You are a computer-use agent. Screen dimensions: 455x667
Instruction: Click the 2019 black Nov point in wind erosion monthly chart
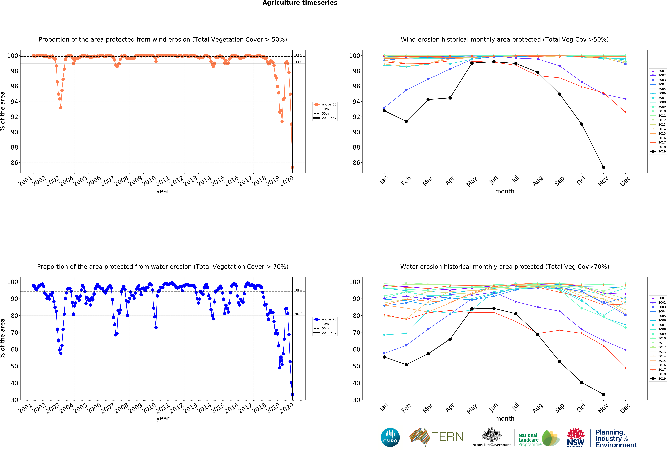point(604,167)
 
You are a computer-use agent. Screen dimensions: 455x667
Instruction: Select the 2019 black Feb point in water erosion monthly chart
point(406,364)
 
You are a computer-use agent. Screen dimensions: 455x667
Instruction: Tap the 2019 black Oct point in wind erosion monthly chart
point(581,124)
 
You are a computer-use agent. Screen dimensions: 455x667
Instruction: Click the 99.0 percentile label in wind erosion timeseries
point(298,62)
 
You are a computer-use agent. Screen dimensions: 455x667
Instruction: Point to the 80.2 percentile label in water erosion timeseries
point(298,314)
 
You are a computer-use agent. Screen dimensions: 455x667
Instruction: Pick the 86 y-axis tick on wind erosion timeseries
point(14,163)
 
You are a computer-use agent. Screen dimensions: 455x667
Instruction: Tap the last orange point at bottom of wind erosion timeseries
point(292,167)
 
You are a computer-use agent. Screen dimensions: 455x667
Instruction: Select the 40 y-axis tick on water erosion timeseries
point(14,383)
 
